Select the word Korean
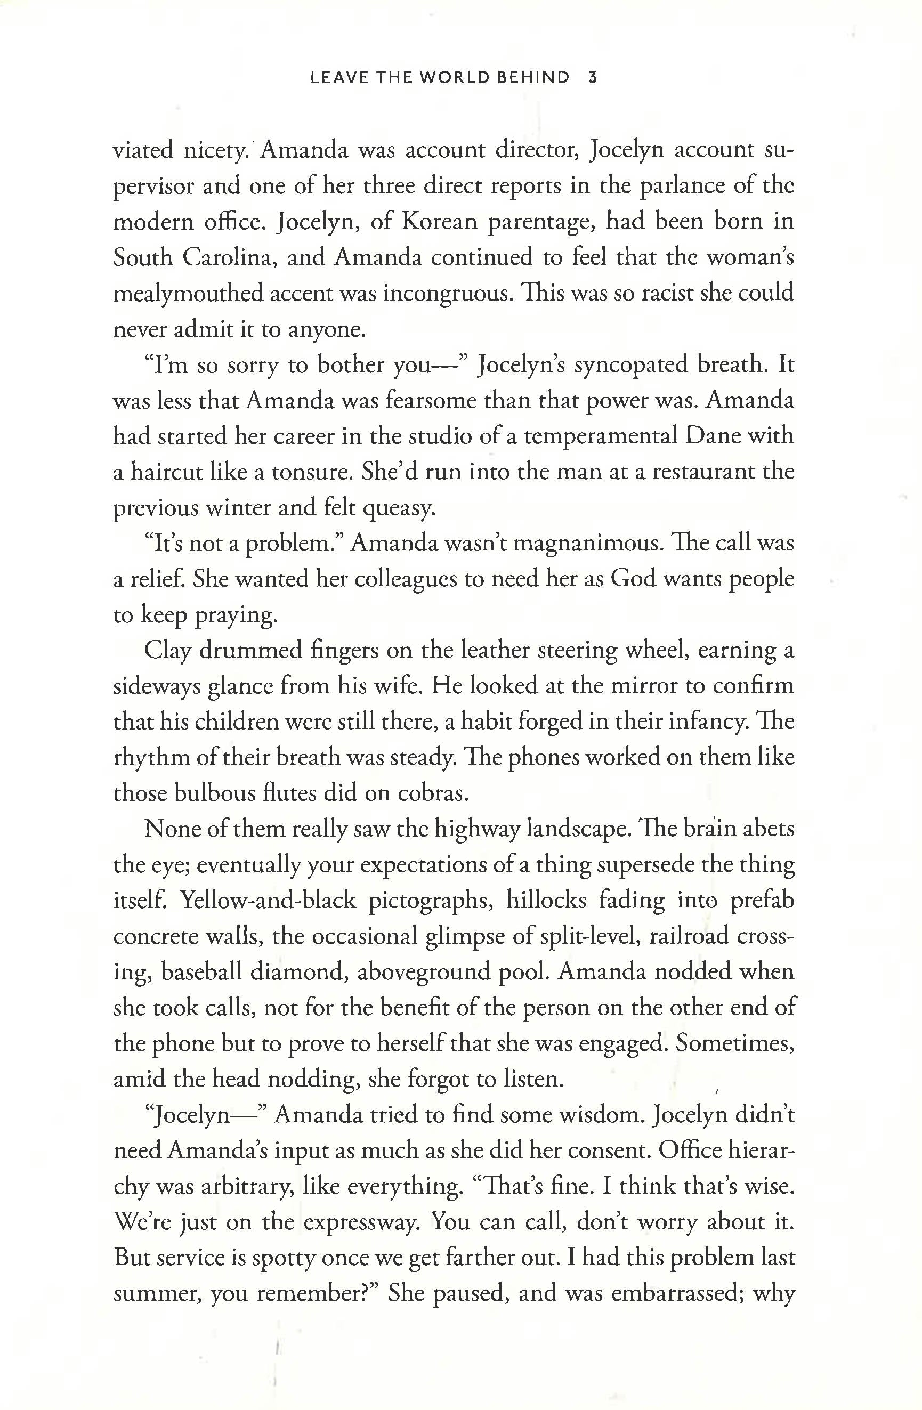pyautogui.click(x=439, y=222)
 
